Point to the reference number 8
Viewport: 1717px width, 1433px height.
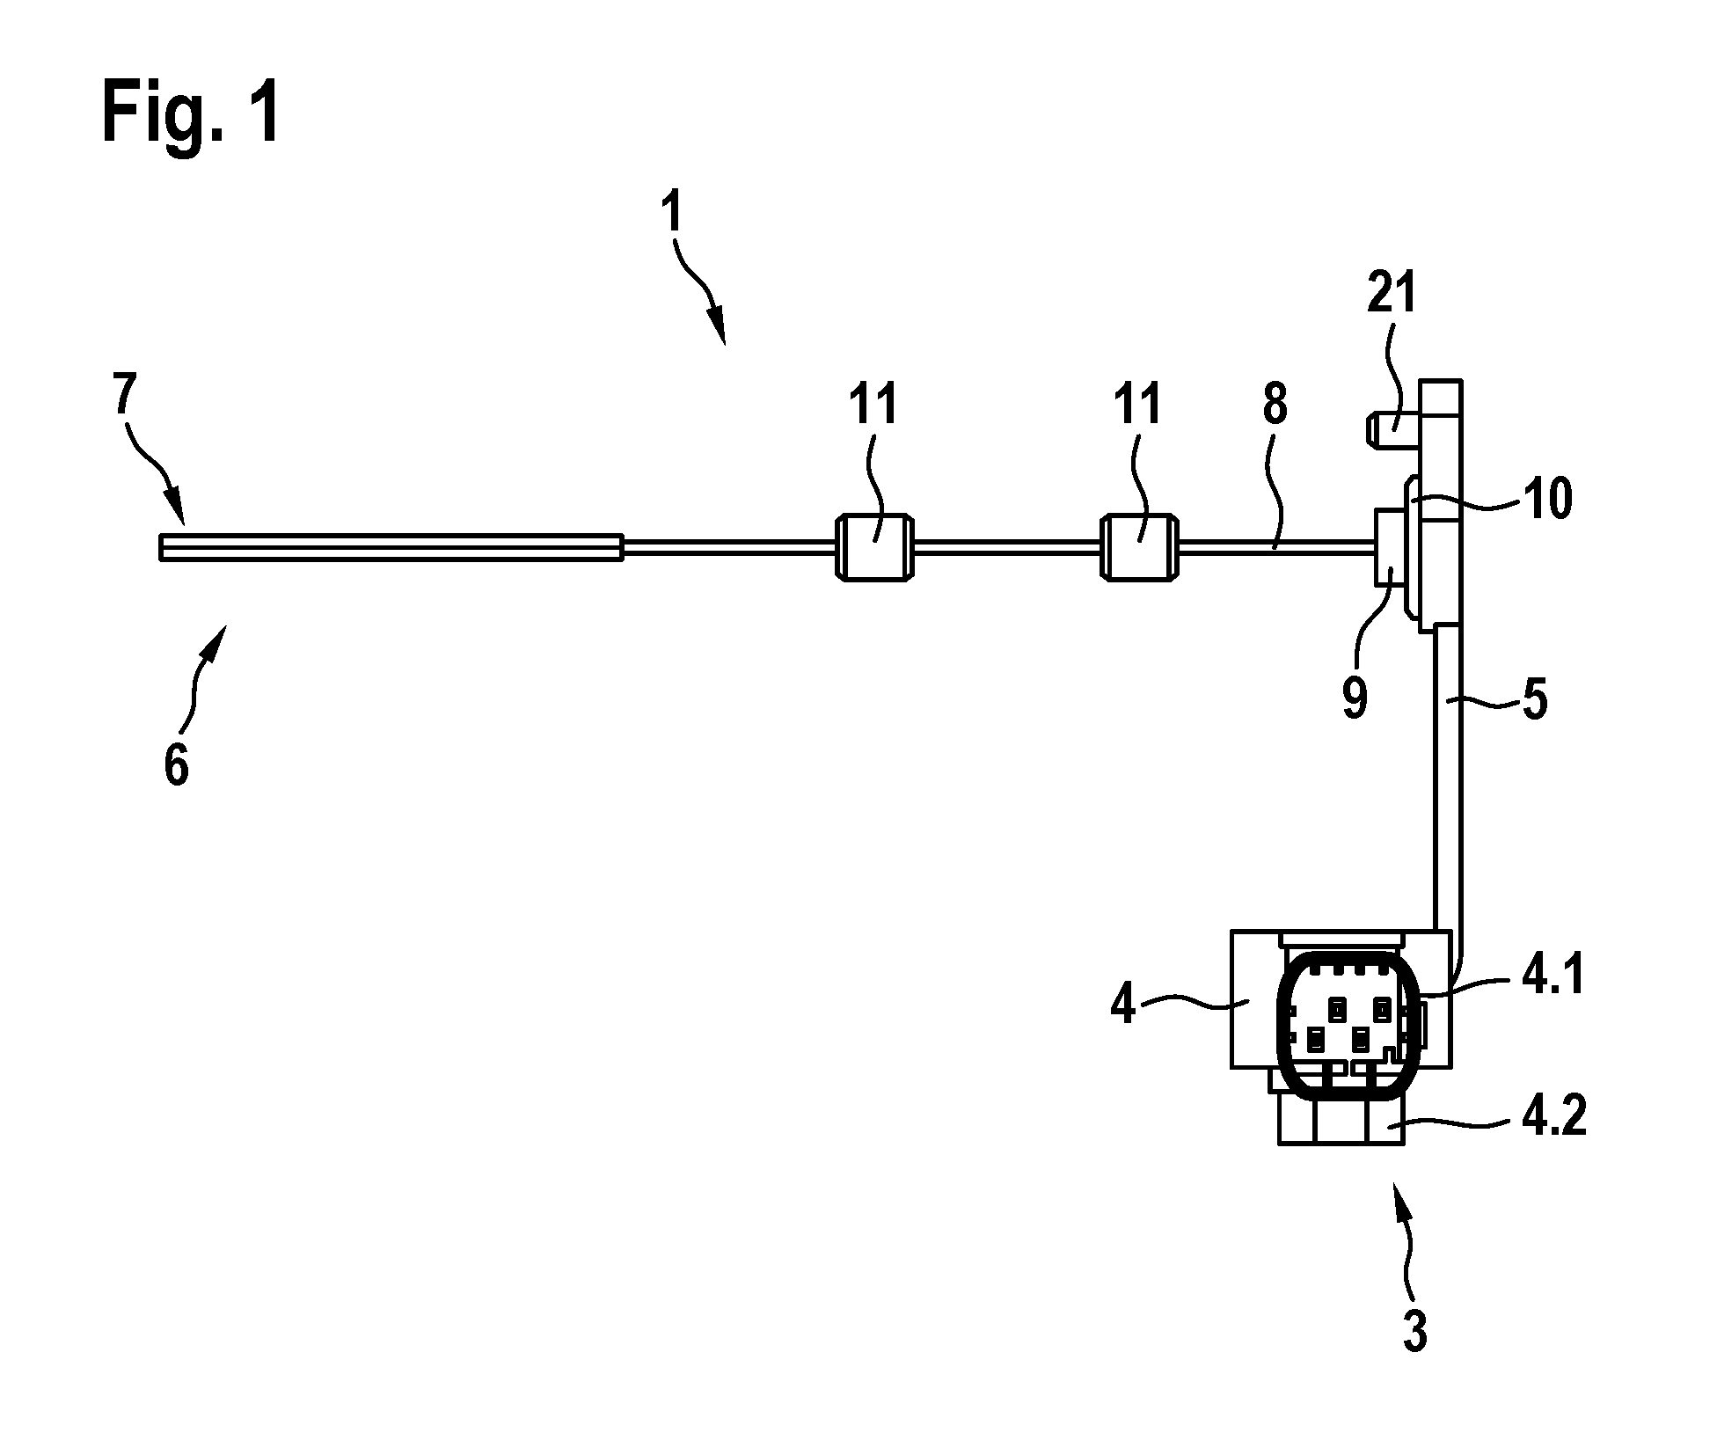(1275, 406)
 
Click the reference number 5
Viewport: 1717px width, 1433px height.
(1535, 701)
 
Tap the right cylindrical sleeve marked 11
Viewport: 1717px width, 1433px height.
(1139, 547)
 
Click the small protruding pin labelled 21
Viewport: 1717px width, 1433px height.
(1393, 431)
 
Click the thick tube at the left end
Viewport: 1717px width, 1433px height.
(391, 547)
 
